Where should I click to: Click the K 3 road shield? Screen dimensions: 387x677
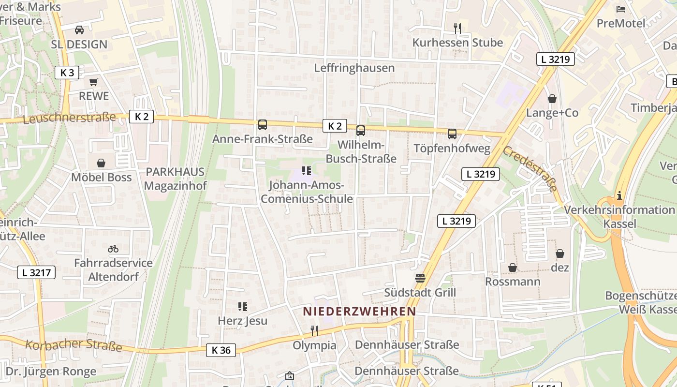point(67,73)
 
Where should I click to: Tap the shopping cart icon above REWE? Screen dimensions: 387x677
point(94,82)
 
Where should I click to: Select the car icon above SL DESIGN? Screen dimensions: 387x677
point(79,30)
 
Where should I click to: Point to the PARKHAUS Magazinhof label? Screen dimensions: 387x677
point(175,179)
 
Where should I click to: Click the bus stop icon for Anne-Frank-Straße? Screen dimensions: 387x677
point(263,125)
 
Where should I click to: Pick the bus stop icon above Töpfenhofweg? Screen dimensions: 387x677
point(452,134)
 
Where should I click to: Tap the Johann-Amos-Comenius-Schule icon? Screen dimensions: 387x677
point(306,170)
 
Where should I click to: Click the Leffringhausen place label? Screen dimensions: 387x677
point(354,68)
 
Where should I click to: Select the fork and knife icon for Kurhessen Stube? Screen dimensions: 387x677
point(457,29)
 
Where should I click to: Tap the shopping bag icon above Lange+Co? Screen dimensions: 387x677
point(552,99)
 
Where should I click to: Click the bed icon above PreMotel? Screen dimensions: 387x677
point(621,9)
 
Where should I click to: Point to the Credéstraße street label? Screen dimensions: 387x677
point(530,168)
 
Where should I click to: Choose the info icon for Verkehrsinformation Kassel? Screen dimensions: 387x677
point(619,195)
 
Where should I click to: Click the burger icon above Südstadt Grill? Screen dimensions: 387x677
point(420,278)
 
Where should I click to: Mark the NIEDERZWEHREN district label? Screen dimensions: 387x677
point(359,312)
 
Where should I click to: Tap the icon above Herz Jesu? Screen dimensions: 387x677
point(242,306)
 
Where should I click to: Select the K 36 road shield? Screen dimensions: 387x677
point(221,350)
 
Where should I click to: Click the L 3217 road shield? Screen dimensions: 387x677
point(36,272)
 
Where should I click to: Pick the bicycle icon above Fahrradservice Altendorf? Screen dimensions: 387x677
point(113,249)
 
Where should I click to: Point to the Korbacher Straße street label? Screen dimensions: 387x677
point(73,345)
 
